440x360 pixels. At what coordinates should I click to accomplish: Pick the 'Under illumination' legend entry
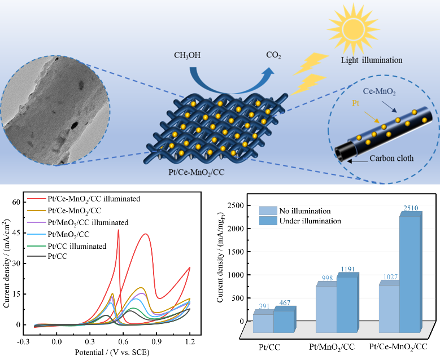[x=310, y=221]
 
